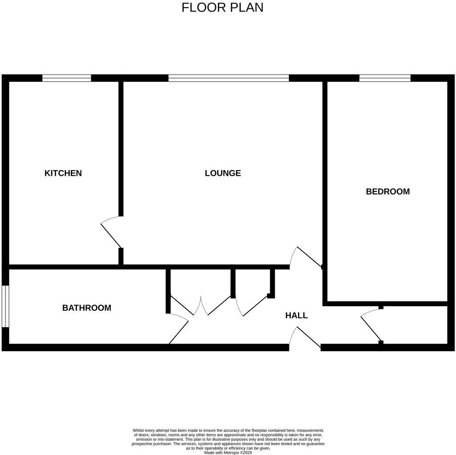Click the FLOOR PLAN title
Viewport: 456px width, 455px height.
click(222, 8)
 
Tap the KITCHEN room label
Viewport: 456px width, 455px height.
click(63, 173)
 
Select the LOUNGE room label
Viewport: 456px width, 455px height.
click(223, 173)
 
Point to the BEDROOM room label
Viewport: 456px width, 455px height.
click(387, 191)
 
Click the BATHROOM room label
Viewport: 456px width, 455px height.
click(86, 308)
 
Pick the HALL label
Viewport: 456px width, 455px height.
click(296, 316)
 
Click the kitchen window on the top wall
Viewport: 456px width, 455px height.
click(67, 78)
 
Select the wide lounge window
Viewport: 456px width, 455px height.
click(228, 78)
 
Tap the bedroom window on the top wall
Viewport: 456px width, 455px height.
click(385, 78)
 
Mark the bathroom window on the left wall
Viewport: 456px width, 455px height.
click(5, 306)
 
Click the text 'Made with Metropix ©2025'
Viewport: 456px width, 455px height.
click(228, 452)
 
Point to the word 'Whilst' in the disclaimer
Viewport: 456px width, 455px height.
click(138, 431)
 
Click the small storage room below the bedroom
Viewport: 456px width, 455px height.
click(414, 325)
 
